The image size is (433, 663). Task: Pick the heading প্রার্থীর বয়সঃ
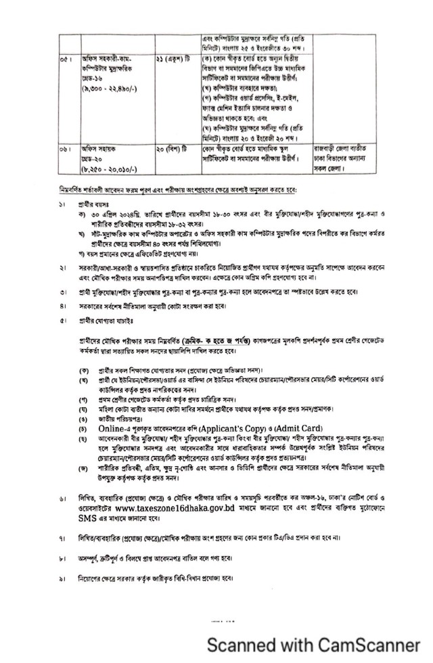pos(93,204)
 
